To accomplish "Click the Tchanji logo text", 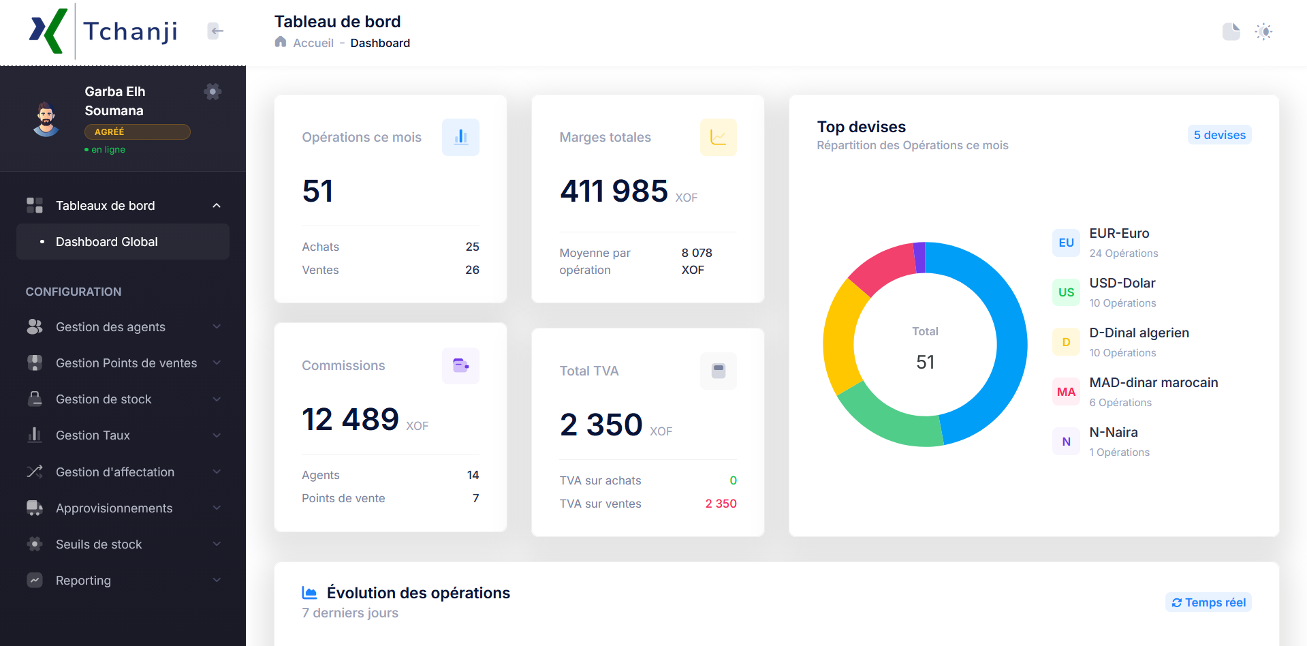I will click(x=130, y=31).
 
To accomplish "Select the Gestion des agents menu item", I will click(x=110, y=327).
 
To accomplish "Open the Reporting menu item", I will click(x=83, y=581).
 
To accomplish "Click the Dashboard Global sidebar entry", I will click(x=107, y=242).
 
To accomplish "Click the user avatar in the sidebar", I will click(x=46, y=119).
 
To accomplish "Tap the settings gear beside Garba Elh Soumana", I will click(x=212, y=91).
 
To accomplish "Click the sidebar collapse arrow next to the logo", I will click(x=215, y=31).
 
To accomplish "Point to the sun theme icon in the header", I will click(x=1263, y=31).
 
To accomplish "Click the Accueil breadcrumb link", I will click(x=313, y=43).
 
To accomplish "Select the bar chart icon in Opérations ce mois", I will click(x=460, y=137).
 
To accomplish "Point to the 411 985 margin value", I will click(x=614, y=191).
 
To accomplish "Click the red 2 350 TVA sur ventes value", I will click(x=721, y=504).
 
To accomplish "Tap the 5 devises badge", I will click(x=1219, y=135).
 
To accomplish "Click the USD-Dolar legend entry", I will click(x=1122, y=283).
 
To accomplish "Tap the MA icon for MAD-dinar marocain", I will click(x=1066, y=392).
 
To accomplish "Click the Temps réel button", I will click(x=1208, y=602).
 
